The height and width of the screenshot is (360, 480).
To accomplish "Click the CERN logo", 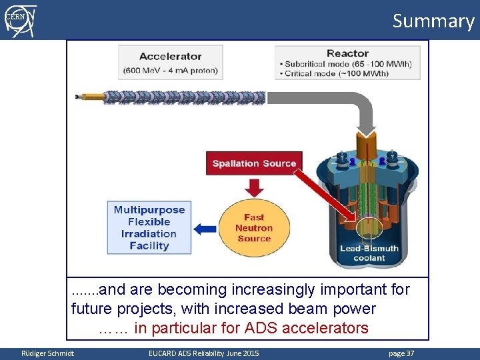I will pos(21,20).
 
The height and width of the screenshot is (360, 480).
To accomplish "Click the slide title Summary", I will pos(433,21).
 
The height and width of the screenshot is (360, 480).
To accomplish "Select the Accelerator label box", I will pos(170,63).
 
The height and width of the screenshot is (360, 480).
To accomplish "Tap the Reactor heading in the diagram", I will pos(347,53).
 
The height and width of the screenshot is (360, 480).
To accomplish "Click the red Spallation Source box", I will pos(254,163).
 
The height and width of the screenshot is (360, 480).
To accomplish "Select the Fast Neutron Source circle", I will pos(254,228).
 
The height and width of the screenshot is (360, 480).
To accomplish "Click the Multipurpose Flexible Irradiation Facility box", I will pos(149,227).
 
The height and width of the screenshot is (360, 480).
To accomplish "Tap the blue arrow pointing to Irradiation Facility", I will pos(205,229).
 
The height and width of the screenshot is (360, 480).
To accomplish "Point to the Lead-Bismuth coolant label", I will pos(369,253).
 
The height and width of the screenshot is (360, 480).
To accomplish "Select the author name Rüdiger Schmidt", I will pos(48,353).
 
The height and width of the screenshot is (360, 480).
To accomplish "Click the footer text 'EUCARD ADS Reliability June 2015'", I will pos(204,353).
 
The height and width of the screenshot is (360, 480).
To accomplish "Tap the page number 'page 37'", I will pos(401,353).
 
